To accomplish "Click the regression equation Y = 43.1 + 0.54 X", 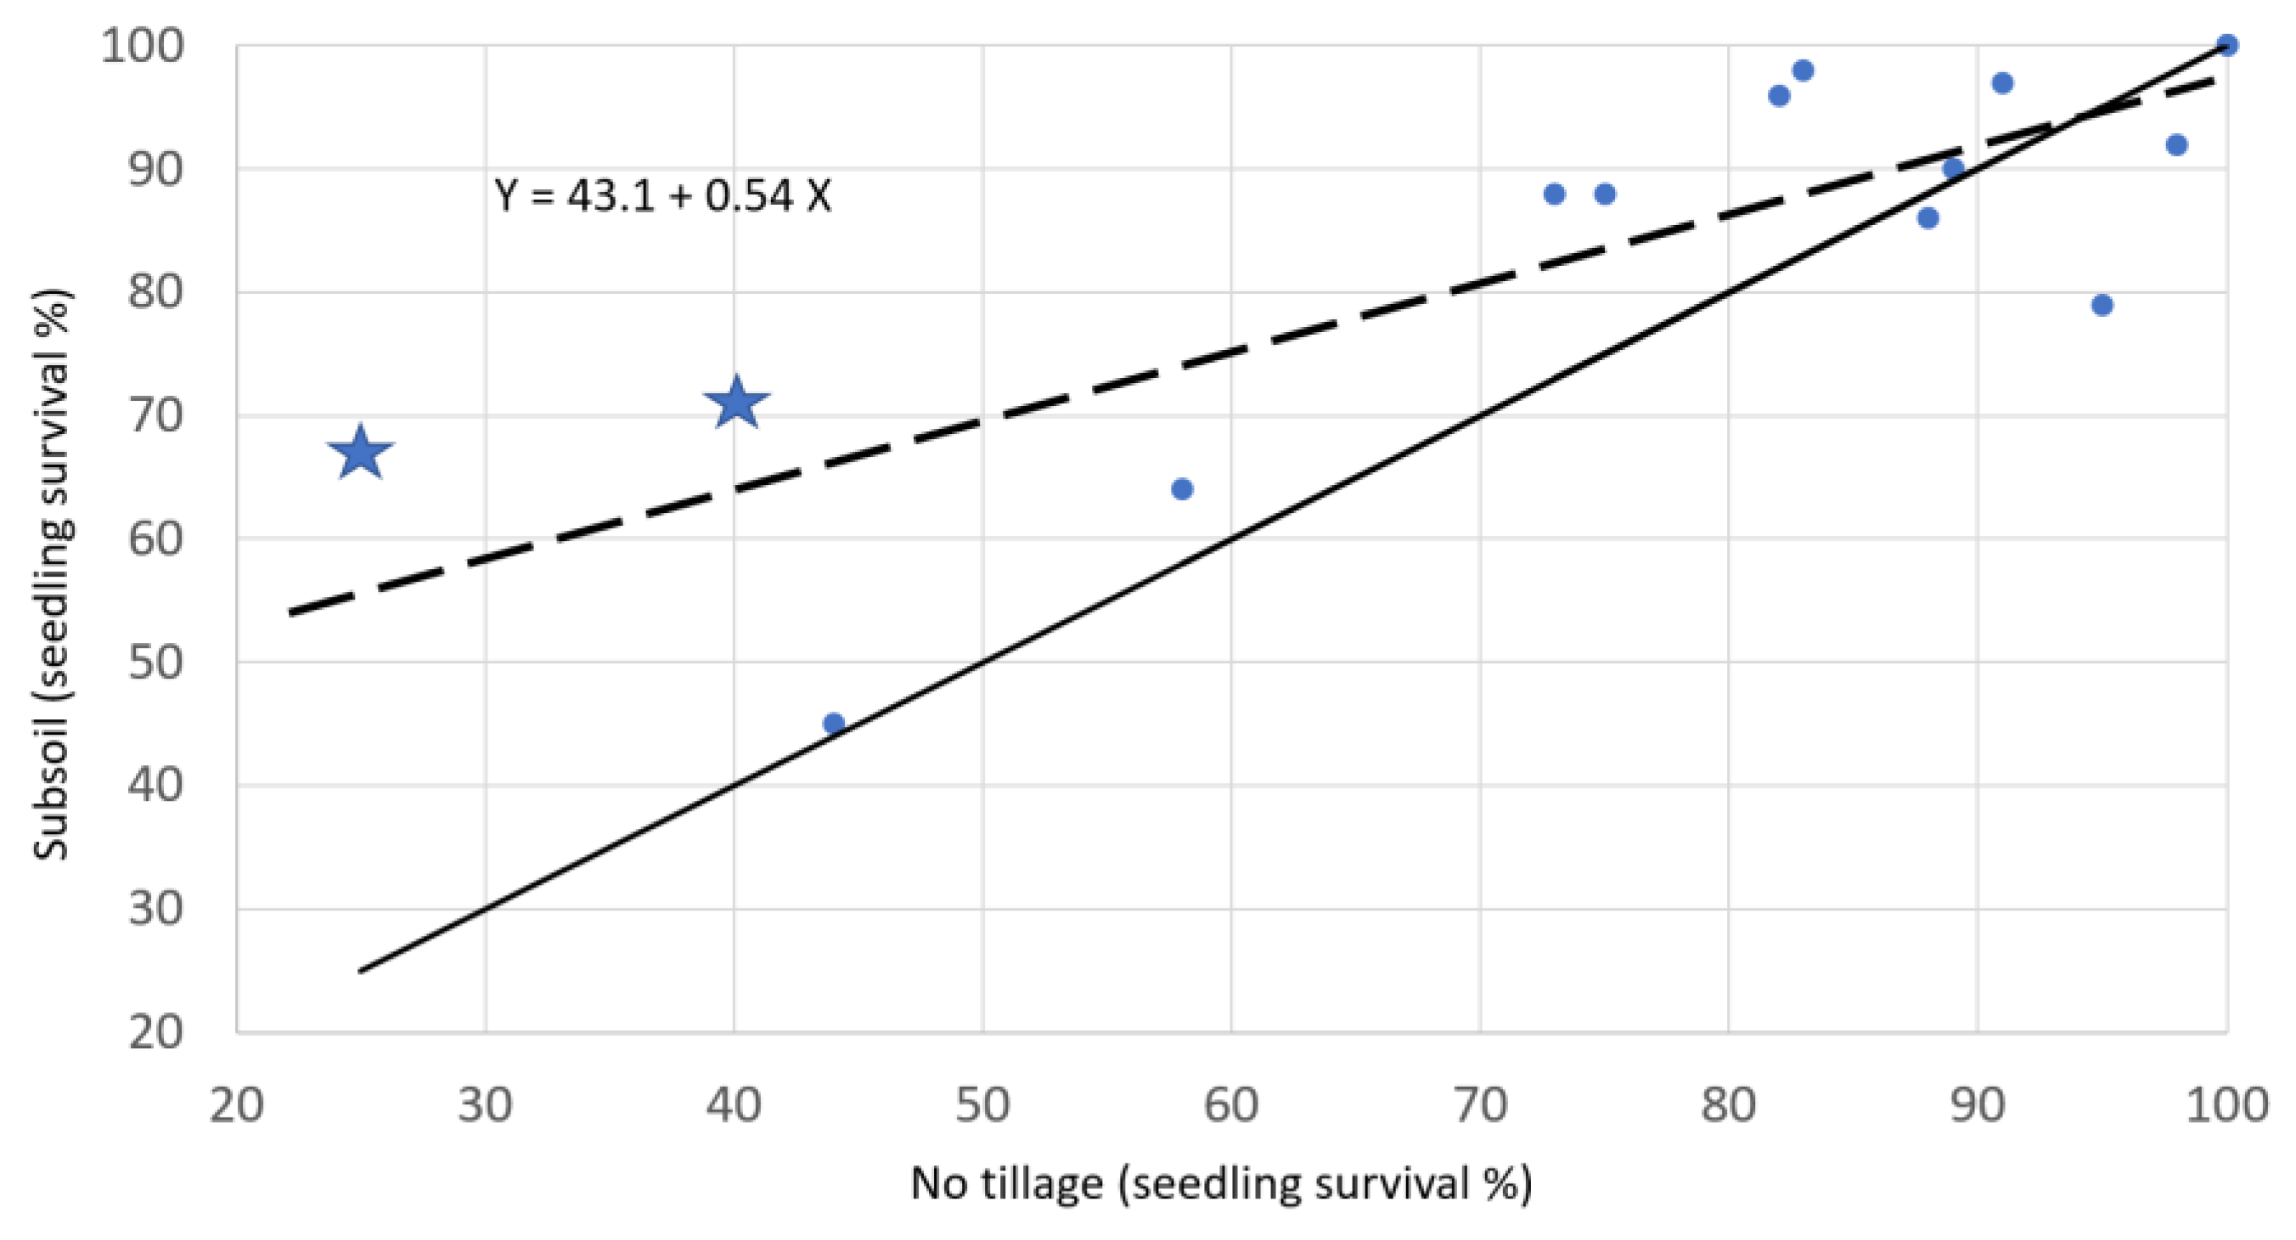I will pyautogui.click(x=662, y=196).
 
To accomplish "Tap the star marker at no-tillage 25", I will pyautogui.click(x=360, y=453).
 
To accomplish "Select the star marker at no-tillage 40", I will pyautogui.click(x=735, y=403).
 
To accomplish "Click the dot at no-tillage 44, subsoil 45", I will pyautogui.click(x=833, y=723).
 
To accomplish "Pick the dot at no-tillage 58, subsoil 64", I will pyautogui.click(x=1182, y=488).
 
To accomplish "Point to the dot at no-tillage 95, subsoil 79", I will pyautogui.click(x=2102, y=305).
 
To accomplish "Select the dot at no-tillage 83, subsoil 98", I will pyautogui.click(x=1804, y=70).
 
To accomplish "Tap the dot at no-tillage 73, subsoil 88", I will pyautogui.click(x=1555, y=194).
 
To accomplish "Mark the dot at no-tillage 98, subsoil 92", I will pyautogui.click(x=2176, y=144).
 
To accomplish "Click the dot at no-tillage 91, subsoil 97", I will pyautogui.click(x=2003, y=83).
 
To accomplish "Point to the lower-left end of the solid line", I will pyautogui.click(x=361, y=971).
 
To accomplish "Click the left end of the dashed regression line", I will pyautogui.click(x=290, y=612).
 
